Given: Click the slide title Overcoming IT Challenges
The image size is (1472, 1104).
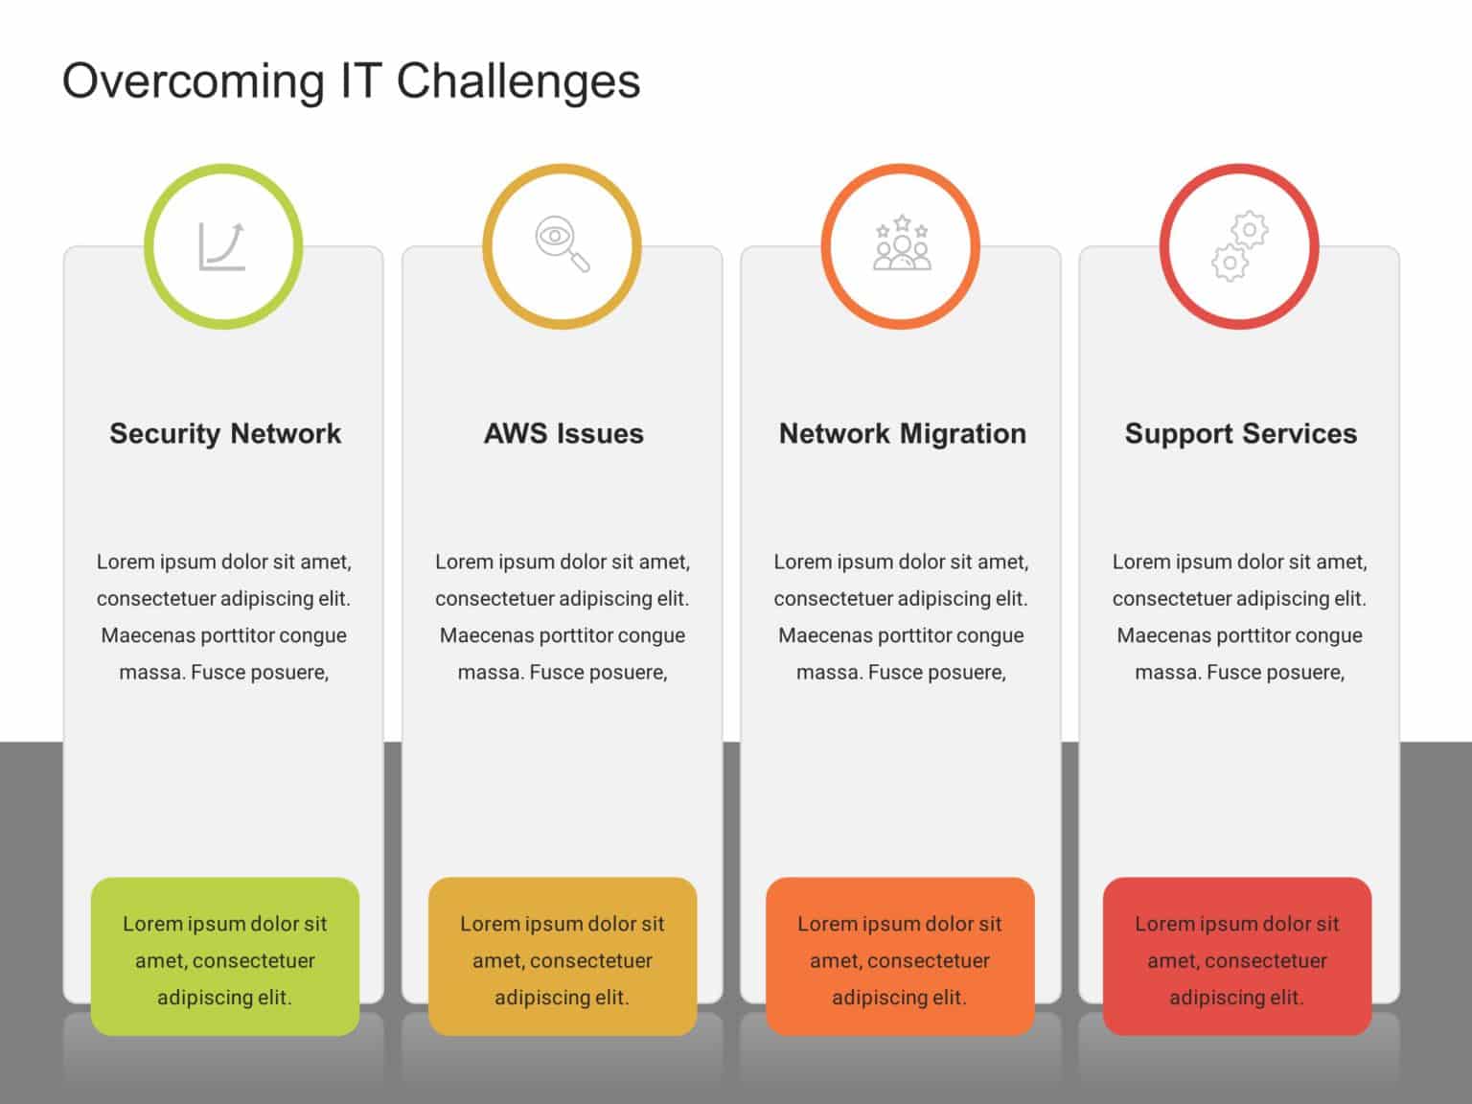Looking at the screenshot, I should pos(351,81).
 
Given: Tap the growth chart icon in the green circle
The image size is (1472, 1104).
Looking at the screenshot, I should pos(222,246).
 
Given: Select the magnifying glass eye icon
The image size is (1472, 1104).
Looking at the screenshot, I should pos(562,244).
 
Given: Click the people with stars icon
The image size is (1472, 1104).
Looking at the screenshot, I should pos(901,243).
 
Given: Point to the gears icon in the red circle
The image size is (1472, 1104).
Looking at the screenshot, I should pos(1239,247).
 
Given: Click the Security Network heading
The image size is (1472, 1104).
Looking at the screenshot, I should pos(225,433).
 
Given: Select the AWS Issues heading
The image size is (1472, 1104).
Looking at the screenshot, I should pos(563,433).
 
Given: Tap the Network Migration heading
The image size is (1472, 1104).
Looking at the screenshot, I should pos(902,433).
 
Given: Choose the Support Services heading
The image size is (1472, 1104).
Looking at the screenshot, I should pos(1240,433).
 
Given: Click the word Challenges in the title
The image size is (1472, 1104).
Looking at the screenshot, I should pos(517,81).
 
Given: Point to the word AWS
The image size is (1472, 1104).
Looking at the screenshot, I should pos(514,433).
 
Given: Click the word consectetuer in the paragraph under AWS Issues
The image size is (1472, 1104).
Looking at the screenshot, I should pos(494,599).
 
